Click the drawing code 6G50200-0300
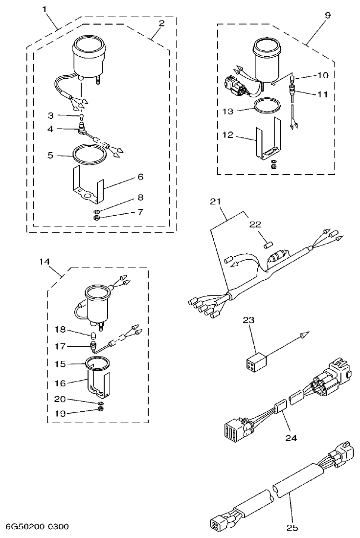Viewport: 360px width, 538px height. (37, 526)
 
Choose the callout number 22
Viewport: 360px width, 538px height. (255, 224)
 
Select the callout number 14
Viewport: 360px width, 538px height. (45, 262)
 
